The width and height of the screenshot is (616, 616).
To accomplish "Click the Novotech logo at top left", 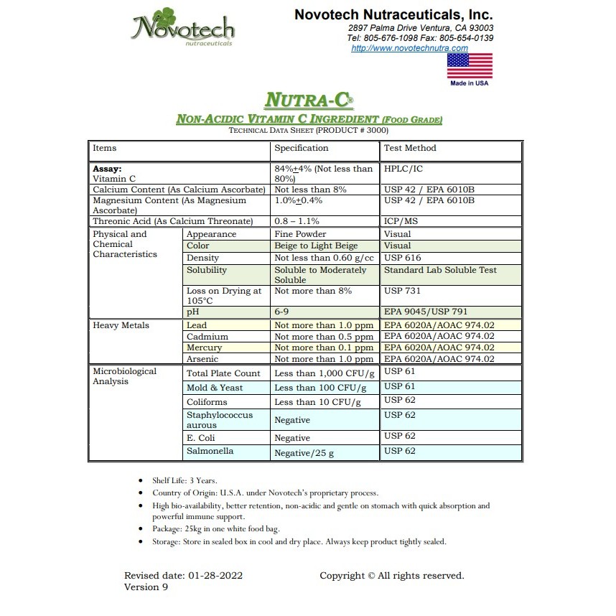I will (x=183, y=29).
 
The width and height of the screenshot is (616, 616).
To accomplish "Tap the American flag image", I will (x=470, y=65).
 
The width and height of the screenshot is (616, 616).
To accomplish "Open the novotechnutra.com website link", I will (x=409, y=48).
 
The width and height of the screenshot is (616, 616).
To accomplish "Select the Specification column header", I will (x=302, y=148).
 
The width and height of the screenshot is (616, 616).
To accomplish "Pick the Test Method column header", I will (x=410, y=148).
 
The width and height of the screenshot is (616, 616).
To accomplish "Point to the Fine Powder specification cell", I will (x=300, y=234).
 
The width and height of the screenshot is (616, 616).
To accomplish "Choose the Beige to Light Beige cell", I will (x=316, y=246).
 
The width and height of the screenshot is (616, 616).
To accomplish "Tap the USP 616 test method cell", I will (x=403, y=258).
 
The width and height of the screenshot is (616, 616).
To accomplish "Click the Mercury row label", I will (x=204, y=347).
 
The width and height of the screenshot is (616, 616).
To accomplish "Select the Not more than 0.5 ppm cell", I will (x=324, y=337).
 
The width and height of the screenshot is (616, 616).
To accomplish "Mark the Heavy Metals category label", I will (x=121, y=325).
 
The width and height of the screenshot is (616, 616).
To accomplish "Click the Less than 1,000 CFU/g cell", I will (x=325, y=373).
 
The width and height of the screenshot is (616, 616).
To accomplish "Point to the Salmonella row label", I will (x=210, y=452).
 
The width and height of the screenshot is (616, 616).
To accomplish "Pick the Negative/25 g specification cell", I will (x=304, y=453).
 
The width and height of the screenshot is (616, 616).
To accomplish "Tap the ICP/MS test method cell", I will (x=401, y=222).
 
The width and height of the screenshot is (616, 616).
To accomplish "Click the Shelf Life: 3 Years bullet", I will (x=185, y=480).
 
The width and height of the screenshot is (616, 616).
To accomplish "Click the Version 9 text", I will (x=146, y=587).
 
